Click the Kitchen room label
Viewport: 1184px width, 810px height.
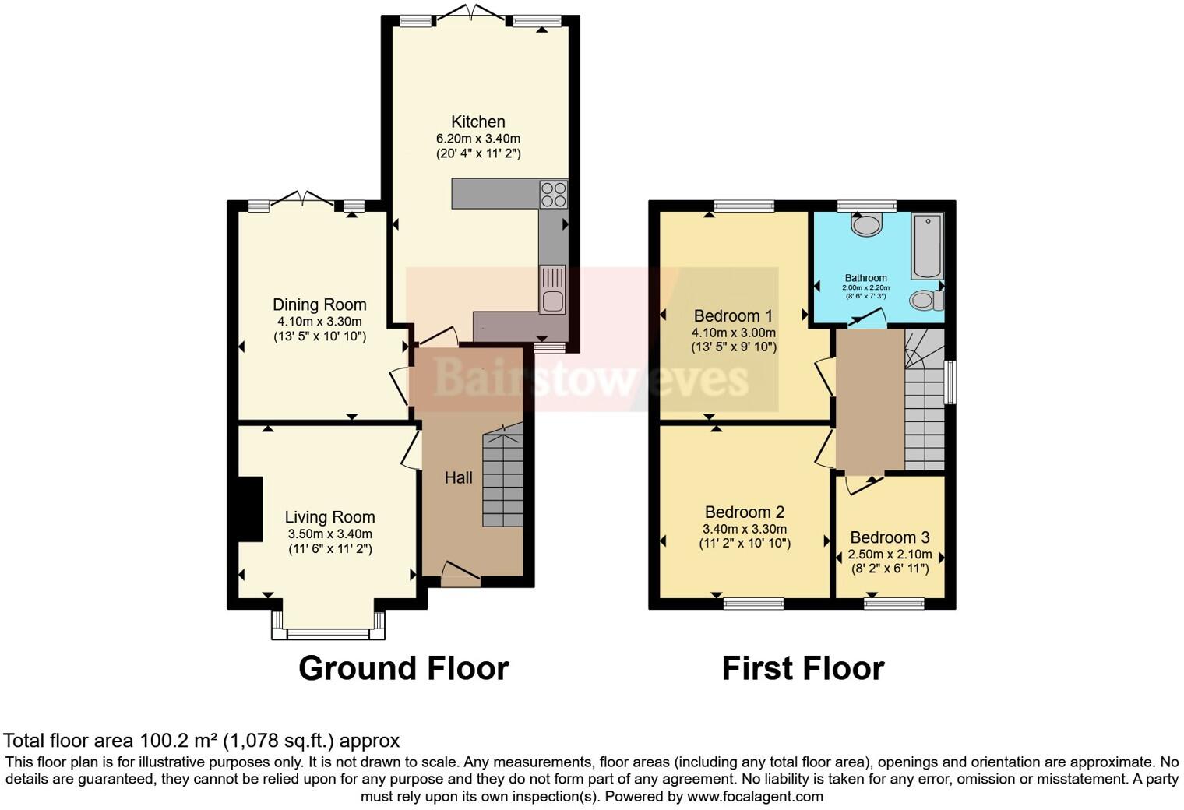click(x=477, y=121)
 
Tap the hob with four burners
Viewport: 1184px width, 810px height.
click(x=554, y=194)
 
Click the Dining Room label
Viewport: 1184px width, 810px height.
click(x=319, y=305)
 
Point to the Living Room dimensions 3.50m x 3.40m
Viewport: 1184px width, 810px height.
click(x=329, y=534)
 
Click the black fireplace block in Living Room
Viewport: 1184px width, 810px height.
click(x=250, y=509)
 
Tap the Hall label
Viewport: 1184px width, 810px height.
click(x=458, y=477)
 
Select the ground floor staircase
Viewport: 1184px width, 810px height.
click(x=502, y=479)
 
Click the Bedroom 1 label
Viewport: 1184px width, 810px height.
click(x=733, y=315)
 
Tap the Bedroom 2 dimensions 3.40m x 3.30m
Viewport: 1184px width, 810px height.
click(x=744, y=528)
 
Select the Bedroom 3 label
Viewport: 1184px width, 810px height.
click(x=890, y=537)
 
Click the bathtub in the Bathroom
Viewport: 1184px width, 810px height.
click(x=927, y=245)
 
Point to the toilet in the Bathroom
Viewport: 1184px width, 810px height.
click(x=925, y=300)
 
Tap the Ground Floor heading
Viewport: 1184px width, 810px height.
click(x=403, y=668)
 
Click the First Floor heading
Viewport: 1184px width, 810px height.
click(x=802, y=668)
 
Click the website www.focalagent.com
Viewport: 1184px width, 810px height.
click(x=755, y=796)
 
